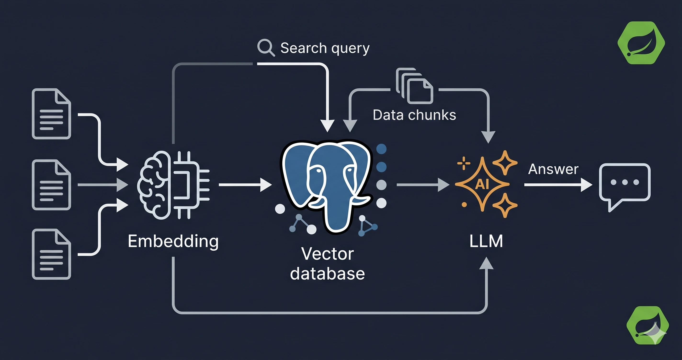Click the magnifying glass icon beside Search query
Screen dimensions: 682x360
tap(266, 47)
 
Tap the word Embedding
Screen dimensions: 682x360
tap(173, 242)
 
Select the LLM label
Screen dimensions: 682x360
tap(486, 241)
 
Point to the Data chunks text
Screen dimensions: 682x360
tap(414, 115)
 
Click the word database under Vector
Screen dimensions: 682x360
tap(328, 273)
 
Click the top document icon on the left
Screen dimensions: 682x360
tap(51, 114)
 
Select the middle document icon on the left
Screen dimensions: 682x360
tap(51, 185)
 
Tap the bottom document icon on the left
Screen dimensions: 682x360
tap(51, 254)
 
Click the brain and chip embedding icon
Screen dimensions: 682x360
tap(173, 185)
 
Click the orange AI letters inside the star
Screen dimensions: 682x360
tap(482, 184)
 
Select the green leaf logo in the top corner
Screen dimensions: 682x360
tap(641, 43)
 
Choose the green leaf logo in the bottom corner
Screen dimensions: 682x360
tap(648, 325)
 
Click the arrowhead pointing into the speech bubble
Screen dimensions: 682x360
tap(586, 185)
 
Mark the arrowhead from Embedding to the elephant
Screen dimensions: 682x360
tap(266, 185)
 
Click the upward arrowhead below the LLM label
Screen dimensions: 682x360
tap(486, 263)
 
